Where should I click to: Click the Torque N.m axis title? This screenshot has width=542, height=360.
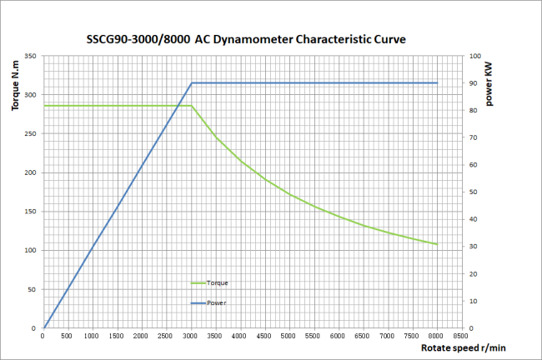pos(14,92)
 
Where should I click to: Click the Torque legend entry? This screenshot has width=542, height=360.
pos(217,283)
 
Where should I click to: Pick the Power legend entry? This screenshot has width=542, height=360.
pos(217,302)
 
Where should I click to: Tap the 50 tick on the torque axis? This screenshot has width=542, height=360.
pos(33,289)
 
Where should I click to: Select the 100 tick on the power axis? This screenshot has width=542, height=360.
pos(474,57)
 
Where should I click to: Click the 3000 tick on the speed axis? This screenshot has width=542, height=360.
pos(191,336)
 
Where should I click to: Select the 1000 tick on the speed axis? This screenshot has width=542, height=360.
pos(93,336)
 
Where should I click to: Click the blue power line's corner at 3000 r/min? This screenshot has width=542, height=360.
pos(192,83)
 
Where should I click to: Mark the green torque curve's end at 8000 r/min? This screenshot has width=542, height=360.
pos(438,244)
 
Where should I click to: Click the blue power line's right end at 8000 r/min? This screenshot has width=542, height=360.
pos(438,83)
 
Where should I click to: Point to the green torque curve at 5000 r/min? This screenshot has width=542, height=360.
pos(290,195)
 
